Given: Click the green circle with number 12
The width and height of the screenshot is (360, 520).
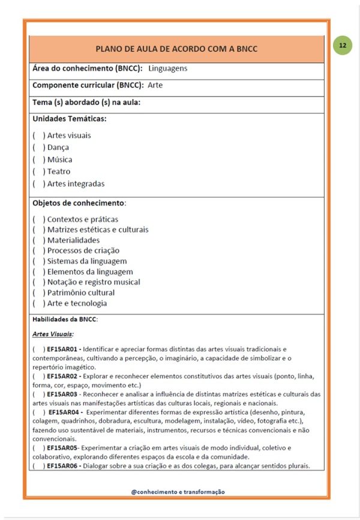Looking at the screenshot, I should point(343,45).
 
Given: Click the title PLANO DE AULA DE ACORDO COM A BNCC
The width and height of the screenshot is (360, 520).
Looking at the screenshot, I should point(176,49).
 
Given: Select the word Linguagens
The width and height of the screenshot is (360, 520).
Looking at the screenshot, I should point(168,68).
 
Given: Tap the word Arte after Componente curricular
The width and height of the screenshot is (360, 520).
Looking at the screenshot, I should point(155,85).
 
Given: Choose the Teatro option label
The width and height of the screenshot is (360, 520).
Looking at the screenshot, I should point(59,172).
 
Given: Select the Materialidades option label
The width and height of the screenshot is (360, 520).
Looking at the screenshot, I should point(73,241).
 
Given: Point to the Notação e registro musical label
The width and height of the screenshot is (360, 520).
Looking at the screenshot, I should point(94,282).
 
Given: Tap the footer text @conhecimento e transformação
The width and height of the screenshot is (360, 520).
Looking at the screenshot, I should point(178,491).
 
